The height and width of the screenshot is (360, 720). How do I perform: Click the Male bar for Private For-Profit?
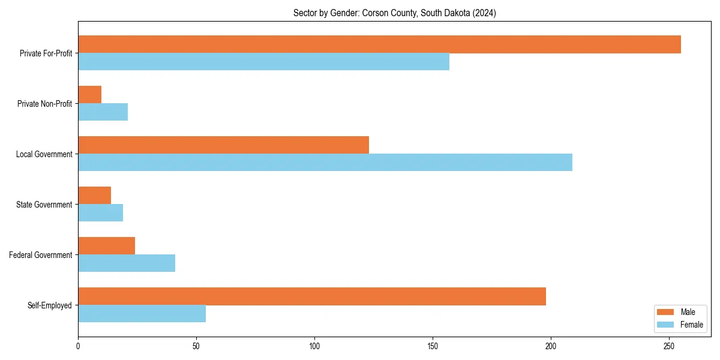[x=379, y=44]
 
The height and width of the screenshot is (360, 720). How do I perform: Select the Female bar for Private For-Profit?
[x=263, y=62]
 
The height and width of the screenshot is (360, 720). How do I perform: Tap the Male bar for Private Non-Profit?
[x=90, y=95]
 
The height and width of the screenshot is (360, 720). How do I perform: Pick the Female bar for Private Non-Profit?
[x=103, y=112]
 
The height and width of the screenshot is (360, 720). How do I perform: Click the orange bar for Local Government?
[x=223, y=145]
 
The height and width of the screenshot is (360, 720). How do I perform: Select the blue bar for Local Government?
[x=325, y=163]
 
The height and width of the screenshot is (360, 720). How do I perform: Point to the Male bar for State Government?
[x=94, y=196]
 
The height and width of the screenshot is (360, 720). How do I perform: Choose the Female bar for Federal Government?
[x=127, y=263]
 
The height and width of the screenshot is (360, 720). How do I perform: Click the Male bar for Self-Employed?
[x=312, y=296]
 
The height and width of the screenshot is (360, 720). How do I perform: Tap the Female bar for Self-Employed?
[x=142, y=314]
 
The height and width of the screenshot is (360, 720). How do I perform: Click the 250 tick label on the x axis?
[x=669, y=346]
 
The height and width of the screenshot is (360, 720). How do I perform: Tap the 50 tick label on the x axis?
[x=196, y=346]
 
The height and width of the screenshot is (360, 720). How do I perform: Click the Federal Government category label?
[x=41, y=255]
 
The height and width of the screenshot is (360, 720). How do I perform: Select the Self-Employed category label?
[x=50, y=305]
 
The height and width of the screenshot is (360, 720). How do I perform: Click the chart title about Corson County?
[x=394, y=13]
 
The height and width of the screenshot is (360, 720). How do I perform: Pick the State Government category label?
[x=44, y=205]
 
